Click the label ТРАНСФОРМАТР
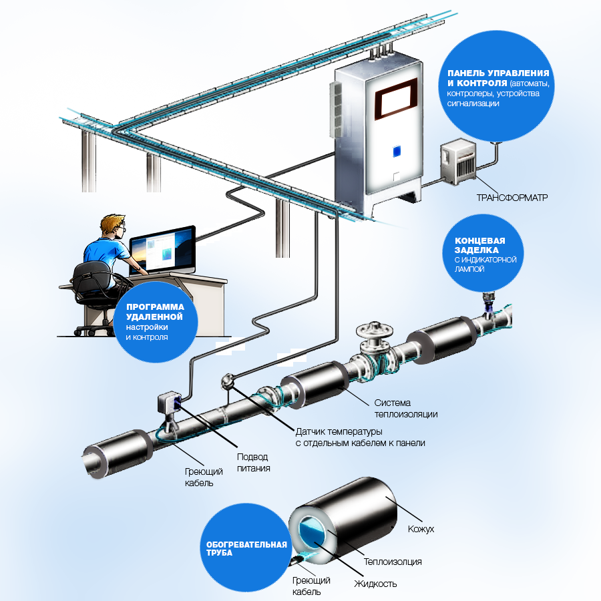(x=512, y=198)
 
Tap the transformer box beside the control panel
(x=458, y=162)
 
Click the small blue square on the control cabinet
(x=397, y=152)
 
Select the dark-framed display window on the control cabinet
(x=395, y=99)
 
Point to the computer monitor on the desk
(x=162, y=250)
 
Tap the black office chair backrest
(x=92, y=278)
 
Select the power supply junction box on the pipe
(x=170, y=402)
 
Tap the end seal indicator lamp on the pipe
(x=488, y=304)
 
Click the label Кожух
(x=421, y=529)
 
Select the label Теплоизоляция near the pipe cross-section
(x=393, y=562)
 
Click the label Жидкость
(x=375, y=584)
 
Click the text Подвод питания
(x=253, y=462)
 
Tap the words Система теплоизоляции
(x=406, y=408)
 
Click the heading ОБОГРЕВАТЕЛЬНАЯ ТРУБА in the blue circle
(x=246, y=548)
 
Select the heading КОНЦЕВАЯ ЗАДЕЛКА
(x=480, y=245)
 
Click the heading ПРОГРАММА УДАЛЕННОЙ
(x=155, y=312)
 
